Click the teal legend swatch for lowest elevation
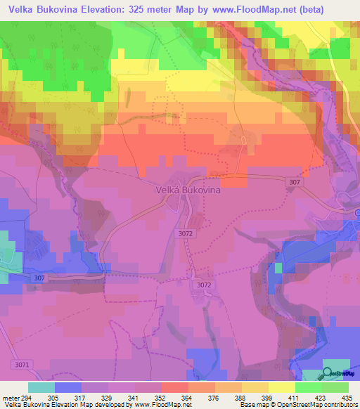(x=41, y=387)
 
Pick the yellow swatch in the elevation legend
(x=281, y=387)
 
